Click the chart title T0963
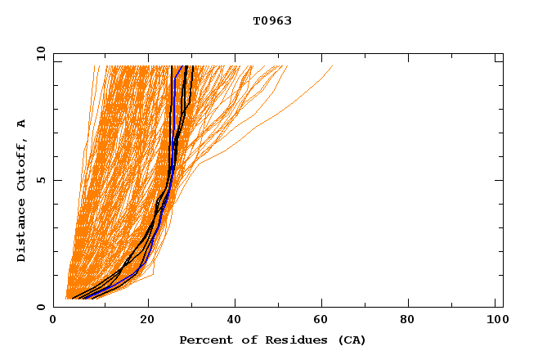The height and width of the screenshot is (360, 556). [x=272, y=21]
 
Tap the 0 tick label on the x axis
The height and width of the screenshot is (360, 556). [x=54, y=322]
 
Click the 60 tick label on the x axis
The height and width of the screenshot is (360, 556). [x=325, y=322]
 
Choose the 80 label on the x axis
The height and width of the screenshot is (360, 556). [x=413, y=322]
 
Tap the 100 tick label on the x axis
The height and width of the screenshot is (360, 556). [x=495, y=322]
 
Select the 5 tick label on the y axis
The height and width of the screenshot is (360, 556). [x=40, y=180]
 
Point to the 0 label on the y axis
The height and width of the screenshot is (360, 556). [x=40, y=307]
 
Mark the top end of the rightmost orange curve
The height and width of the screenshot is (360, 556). [x=333, y=66]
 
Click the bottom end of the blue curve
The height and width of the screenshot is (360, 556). [x=83, y=299]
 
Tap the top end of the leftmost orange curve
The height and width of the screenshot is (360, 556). [x=94, y=66]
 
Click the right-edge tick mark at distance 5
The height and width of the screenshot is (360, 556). [x=500, y=180]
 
